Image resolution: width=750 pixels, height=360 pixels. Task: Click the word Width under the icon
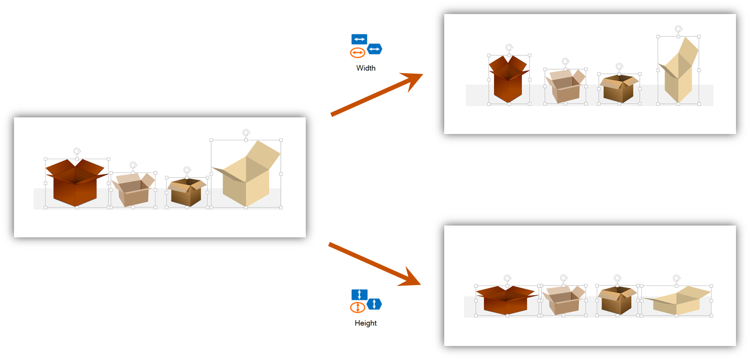[366, 68]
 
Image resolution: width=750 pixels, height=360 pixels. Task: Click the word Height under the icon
[366, 323]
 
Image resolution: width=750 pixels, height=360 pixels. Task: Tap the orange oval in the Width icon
[357, 53]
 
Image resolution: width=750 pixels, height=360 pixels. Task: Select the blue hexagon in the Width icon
[375, 49]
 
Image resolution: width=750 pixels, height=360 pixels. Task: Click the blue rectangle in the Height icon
[359, 294]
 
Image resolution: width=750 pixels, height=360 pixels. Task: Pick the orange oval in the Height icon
[357, 307]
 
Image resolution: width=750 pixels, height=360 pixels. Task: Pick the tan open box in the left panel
[133, 191]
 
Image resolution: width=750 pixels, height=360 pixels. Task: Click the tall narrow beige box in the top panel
[678, 74]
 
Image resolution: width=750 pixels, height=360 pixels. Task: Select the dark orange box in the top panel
[508, 81]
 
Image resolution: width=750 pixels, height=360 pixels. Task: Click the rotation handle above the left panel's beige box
[246, 132]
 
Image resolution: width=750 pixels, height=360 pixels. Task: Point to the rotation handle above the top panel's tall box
[679, 29]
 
